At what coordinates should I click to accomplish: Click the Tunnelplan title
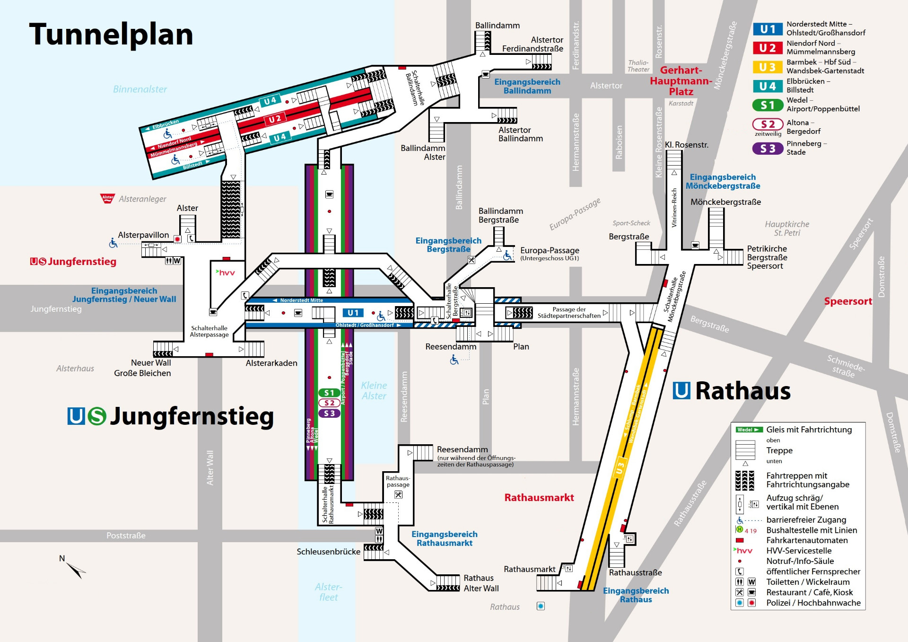(x=111, y=35)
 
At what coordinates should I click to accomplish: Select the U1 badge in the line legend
(x=768, y=29)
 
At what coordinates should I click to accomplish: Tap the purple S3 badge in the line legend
(x=768, y=149)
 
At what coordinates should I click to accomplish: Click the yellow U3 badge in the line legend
(x=768, y=67)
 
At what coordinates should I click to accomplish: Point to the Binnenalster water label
(x=140, y=89)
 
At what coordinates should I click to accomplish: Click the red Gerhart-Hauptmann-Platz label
(x=681, y=81)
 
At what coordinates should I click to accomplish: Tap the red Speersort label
(x=848, y=301)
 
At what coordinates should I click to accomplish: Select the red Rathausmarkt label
(x=539, y=498)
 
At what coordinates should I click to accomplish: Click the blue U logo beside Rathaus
(x=681, y=391)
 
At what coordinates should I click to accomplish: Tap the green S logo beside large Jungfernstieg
(x=97, y=416)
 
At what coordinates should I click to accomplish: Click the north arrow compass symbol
(x=76, y=569)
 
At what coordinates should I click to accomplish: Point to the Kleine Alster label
(x=374, y=391)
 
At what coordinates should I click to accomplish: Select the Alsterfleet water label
(x=328, y=592)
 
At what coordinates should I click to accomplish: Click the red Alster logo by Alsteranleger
(x=108, y=198)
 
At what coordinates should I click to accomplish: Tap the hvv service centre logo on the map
(x=225, y=273)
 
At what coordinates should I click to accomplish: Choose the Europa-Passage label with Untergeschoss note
(x=549, y=253)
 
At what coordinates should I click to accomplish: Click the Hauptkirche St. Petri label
(x=787, y=228)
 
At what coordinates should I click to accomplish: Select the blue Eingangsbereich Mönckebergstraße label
(x=723, y=182)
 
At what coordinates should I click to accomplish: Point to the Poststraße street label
(x=126, y=536)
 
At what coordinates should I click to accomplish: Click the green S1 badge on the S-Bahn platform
(x=329, y=393)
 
